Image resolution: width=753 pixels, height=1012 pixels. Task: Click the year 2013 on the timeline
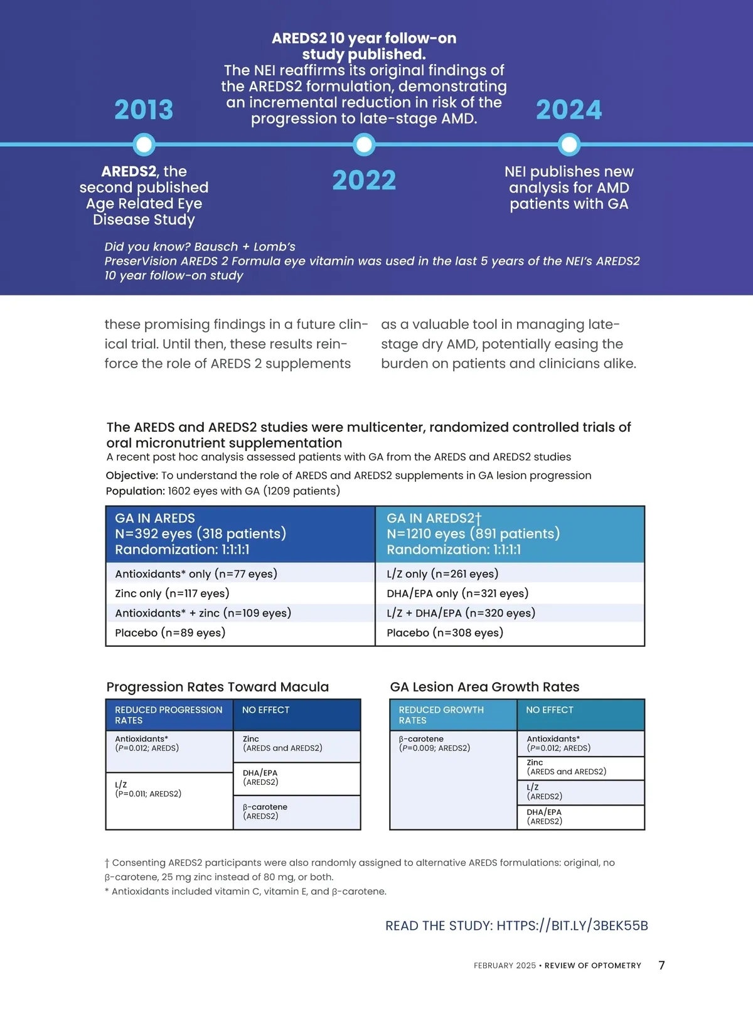pos(144,110)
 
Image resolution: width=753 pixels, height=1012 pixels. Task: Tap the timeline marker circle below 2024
pos(569,145)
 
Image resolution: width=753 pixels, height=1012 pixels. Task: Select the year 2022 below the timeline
pos(364,181)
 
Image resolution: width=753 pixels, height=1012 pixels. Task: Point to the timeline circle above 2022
pos(364,145)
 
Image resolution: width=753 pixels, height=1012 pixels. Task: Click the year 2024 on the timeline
pos(569,110)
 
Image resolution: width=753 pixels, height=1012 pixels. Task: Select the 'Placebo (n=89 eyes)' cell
pos(170,633)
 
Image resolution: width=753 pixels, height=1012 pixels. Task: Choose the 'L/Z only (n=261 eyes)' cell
pos(442,574)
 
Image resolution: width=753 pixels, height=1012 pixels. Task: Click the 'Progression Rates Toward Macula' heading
pos(217,687)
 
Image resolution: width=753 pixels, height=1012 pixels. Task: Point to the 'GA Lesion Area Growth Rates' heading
pos(484,687)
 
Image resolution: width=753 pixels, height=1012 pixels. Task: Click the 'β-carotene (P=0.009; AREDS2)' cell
pos(434,743)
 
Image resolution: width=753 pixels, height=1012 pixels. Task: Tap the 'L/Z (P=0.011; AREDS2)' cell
pos(148,789)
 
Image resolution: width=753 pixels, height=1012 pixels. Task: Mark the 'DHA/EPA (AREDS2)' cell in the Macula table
pos(260,777)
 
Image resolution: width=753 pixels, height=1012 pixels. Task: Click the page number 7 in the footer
pos(661,966)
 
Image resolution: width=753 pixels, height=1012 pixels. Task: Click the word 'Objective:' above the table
pos(132,476)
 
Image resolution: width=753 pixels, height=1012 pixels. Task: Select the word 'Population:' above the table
pos(135,491)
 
